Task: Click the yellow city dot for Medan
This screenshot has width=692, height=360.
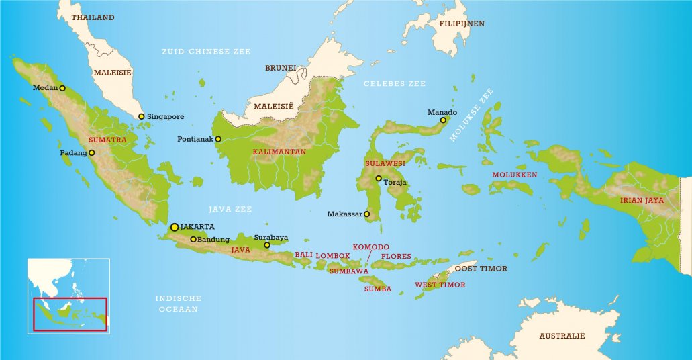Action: coord(62,88)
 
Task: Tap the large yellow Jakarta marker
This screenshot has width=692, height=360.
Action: coord(175,227)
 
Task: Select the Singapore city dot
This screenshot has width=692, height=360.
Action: coord(142,116)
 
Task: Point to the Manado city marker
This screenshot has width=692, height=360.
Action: coord(443,120)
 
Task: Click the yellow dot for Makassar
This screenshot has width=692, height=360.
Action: coord(366,214)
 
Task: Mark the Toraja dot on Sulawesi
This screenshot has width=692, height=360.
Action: coord(379,178)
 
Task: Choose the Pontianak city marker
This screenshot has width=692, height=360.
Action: coord(218,139)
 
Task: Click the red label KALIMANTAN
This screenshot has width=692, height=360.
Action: coord(279,152)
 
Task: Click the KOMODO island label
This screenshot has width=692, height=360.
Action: coord(371,247)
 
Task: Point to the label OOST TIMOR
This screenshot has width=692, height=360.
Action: coord(481,269)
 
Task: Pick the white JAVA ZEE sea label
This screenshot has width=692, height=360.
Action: coord(230,209)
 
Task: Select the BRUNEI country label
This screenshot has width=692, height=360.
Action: coord(281,68)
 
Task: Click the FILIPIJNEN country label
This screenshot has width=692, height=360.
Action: coord(462,24)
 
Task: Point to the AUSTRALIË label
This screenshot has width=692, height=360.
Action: coord(563,334)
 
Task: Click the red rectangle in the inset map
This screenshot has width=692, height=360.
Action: coord(70,314)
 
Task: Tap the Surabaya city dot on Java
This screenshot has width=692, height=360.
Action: coord(267,245)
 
